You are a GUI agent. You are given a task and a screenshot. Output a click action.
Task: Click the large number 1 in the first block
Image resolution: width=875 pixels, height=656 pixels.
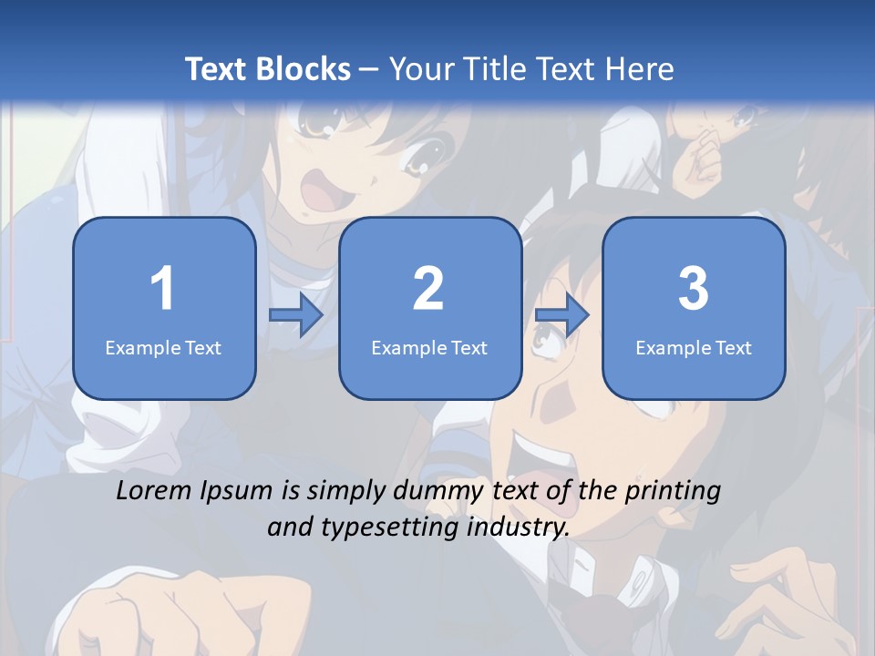(163, 289)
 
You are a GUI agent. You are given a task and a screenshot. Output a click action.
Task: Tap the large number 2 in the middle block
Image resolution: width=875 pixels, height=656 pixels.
(429, 289)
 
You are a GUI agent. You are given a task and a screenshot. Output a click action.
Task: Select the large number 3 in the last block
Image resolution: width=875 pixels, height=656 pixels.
(694, 289)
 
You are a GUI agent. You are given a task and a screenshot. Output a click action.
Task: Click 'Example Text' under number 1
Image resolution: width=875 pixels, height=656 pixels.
(163, 347)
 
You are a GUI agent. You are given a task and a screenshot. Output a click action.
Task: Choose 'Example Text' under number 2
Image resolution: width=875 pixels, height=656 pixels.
(429, 347)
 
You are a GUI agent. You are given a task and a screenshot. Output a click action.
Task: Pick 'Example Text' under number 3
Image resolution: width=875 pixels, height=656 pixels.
(694, 347)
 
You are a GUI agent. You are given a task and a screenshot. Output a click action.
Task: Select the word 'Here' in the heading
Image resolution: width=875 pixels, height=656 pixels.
(641, 69)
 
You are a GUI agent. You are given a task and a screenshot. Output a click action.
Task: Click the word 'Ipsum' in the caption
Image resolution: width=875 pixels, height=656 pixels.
(240, 491)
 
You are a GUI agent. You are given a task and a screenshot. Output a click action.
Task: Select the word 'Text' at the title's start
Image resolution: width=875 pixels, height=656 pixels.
(216, 69)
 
